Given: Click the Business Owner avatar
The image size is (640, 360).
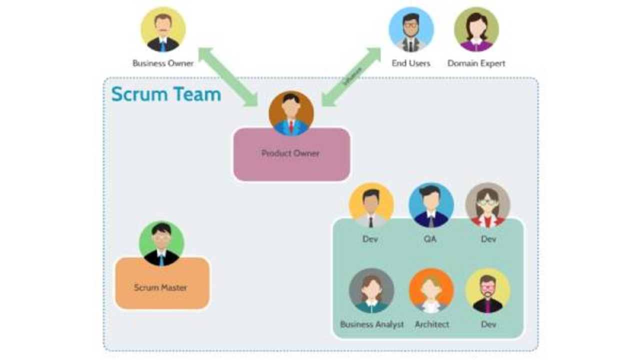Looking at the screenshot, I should pos(163,30).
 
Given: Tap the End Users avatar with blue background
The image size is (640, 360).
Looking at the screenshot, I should pos(411,30).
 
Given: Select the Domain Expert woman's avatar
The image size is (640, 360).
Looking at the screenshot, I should pos(476,30).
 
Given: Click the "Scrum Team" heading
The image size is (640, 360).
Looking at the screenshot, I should pos(166,94).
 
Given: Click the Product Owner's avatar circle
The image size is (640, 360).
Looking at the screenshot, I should pos(291,113).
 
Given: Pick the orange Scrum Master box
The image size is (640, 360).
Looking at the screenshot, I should pos(161,287).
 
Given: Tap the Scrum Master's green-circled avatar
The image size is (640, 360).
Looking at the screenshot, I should pos(161,243).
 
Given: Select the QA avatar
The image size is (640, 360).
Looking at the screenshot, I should pos(431,205).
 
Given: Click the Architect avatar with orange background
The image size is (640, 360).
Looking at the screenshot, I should pos(431,291).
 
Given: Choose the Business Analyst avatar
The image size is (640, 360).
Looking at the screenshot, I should pos(371,291).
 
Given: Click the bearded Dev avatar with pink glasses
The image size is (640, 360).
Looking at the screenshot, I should pos(487,291).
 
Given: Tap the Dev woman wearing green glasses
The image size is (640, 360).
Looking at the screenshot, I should pos(487,205).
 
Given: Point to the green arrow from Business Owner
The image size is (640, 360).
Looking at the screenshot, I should pos(228,77).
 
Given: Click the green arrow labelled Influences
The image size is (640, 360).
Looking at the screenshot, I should pos(351,77).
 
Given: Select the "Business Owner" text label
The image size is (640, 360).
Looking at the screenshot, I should pos(163,63).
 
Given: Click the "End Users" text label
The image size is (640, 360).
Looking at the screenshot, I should pos(411,63).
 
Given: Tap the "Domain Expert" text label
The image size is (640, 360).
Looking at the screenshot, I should pos(476,63).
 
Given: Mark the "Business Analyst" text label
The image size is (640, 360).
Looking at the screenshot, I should pos(371,324).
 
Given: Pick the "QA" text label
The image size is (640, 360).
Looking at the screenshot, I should pos(430,239).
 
